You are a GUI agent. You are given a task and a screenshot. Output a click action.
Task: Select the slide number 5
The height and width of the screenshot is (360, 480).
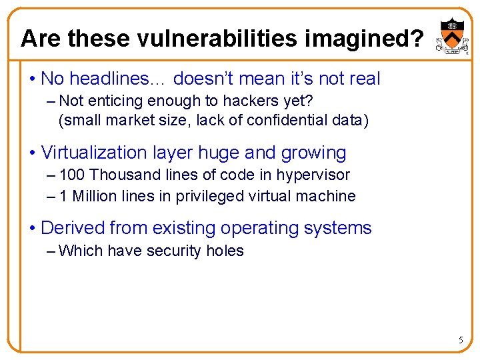click(x=460, y=341)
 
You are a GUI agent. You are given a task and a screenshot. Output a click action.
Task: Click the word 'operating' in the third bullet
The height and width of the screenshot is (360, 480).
click(x=258, y=228)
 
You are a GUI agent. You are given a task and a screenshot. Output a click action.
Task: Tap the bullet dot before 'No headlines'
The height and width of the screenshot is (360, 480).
click(x=32, y=79)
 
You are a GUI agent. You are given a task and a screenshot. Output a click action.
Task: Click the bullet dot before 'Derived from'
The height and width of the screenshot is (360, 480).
click(x=32, y=229)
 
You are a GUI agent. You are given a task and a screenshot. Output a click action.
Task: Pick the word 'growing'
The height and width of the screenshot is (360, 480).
click(x=315, y=153)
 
